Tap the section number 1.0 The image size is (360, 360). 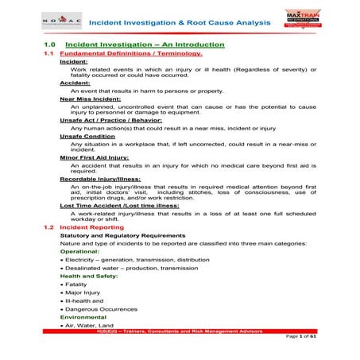[50, 45]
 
